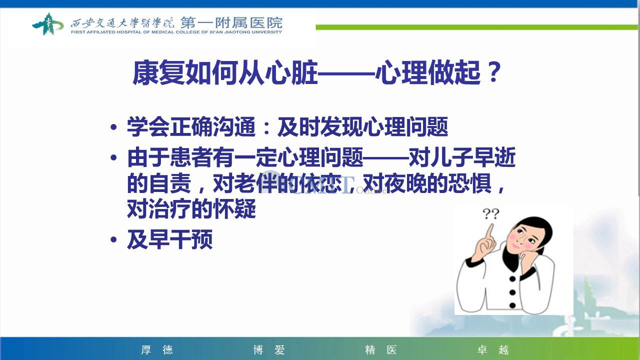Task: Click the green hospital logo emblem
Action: (47, 24)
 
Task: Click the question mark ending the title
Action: (494, 72)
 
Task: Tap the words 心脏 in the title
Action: (291, 72)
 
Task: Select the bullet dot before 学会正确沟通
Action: (113, 127)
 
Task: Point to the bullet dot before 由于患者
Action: (113, 157)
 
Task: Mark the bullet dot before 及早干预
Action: (113, 239)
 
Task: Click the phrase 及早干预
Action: (170, 239)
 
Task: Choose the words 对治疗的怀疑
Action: (191, 209)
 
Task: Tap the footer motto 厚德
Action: (157, 349)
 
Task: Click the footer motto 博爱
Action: (269, 349)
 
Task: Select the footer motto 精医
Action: (381, 349)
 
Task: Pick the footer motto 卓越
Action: (493, 349)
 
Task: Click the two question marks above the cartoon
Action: (491, 213)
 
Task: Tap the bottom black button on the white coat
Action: (512, 305)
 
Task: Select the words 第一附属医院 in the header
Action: (231, 23)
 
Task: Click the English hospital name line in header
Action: (176, 32)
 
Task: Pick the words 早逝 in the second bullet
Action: (494, 157)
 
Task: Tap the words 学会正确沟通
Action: (191, 127)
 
